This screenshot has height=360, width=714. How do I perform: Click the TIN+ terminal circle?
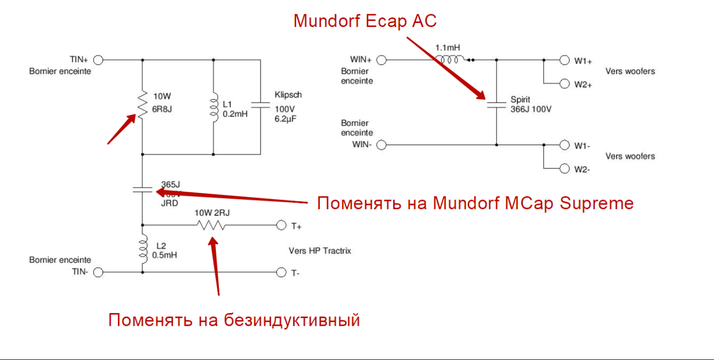tap(98, 60)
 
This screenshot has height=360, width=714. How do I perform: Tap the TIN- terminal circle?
tap(98, 272)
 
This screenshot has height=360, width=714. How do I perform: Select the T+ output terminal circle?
tap(281, 225)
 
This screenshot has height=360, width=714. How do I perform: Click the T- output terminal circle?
tap(281, 272)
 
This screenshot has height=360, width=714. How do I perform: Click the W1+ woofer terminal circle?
tap(564, 60)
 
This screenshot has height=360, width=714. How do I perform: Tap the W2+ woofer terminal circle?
tap(564, 83)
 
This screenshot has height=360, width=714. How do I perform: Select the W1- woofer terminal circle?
tap(564, 145)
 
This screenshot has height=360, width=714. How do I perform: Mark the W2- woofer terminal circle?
tap(564, 168)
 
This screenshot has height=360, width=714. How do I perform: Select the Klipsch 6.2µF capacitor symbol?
tap(261, 105)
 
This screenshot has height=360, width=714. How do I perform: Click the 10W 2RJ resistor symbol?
tap(212, 225)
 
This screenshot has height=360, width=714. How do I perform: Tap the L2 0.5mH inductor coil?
tap(143, 249)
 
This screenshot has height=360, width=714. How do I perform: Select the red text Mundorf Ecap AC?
tap(365, 21)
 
